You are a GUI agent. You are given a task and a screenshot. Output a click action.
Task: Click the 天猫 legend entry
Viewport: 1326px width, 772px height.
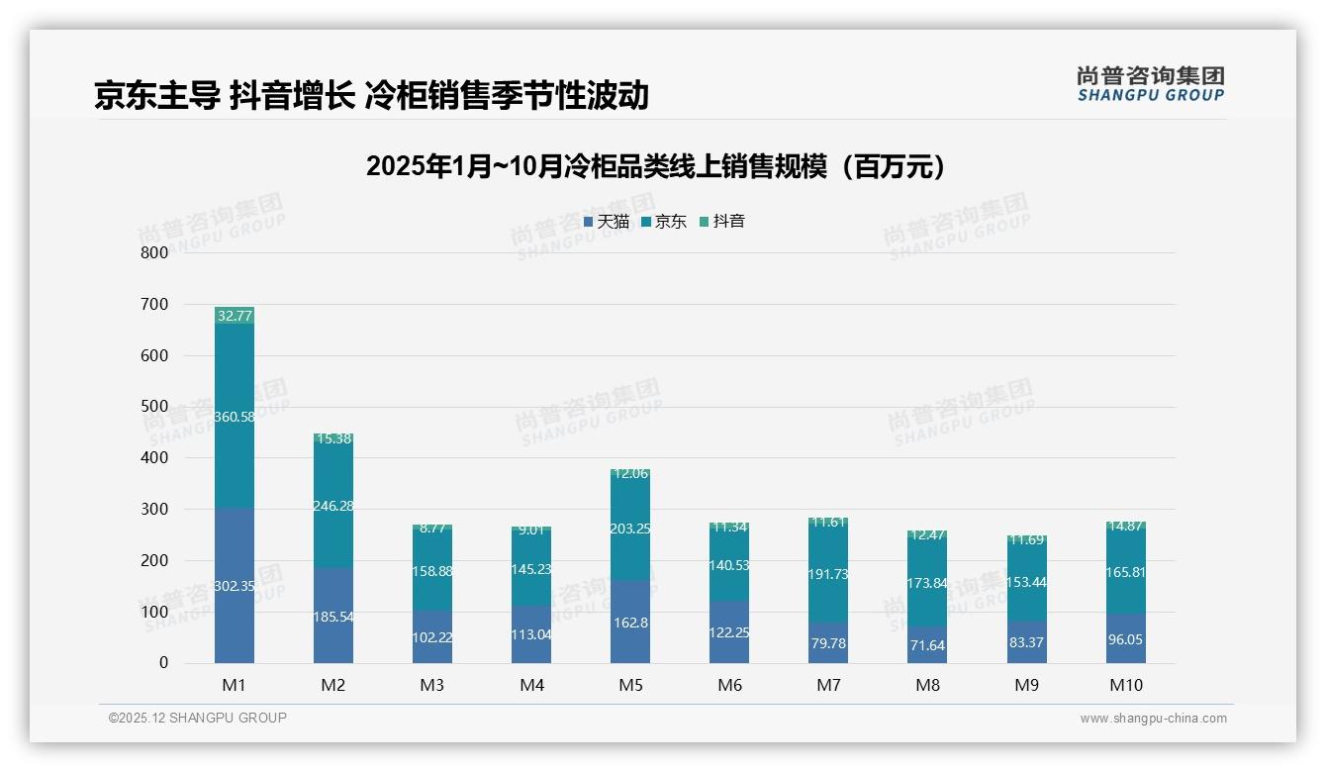(607, 222)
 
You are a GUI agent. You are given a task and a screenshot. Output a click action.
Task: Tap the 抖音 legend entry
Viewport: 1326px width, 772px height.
(722, 222)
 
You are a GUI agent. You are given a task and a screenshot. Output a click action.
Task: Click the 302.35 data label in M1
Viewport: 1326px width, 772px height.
(235, 586)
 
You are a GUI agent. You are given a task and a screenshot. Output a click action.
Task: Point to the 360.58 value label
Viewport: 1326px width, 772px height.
(235, 417)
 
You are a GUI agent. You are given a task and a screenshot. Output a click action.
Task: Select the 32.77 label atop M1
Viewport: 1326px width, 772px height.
(235, 316)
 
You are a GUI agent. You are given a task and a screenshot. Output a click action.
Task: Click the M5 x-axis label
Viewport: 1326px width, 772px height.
(630, 685)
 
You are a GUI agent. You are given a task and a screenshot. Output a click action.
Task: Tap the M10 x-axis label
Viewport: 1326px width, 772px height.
(1125, 685)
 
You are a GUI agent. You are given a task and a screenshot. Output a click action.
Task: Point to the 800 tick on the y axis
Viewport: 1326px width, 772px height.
(154, 252)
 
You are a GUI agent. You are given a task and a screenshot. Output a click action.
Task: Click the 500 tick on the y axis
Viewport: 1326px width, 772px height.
(154, 407)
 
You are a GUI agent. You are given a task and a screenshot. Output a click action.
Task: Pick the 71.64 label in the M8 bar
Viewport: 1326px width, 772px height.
(927, 645)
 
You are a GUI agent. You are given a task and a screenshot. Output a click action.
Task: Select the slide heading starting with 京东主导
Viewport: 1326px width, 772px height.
(371, 95)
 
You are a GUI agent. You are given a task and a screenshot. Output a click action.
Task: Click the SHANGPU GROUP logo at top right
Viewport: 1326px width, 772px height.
(1150, 84)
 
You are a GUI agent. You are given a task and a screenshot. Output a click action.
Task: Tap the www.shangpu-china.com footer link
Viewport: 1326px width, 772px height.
(1153, 719)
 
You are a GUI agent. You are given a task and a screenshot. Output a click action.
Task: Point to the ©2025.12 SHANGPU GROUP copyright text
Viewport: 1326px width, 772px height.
(198, 718)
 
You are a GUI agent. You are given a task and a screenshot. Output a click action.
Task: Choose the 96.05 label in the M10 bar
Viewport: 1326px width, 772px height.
(1125, 639)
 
